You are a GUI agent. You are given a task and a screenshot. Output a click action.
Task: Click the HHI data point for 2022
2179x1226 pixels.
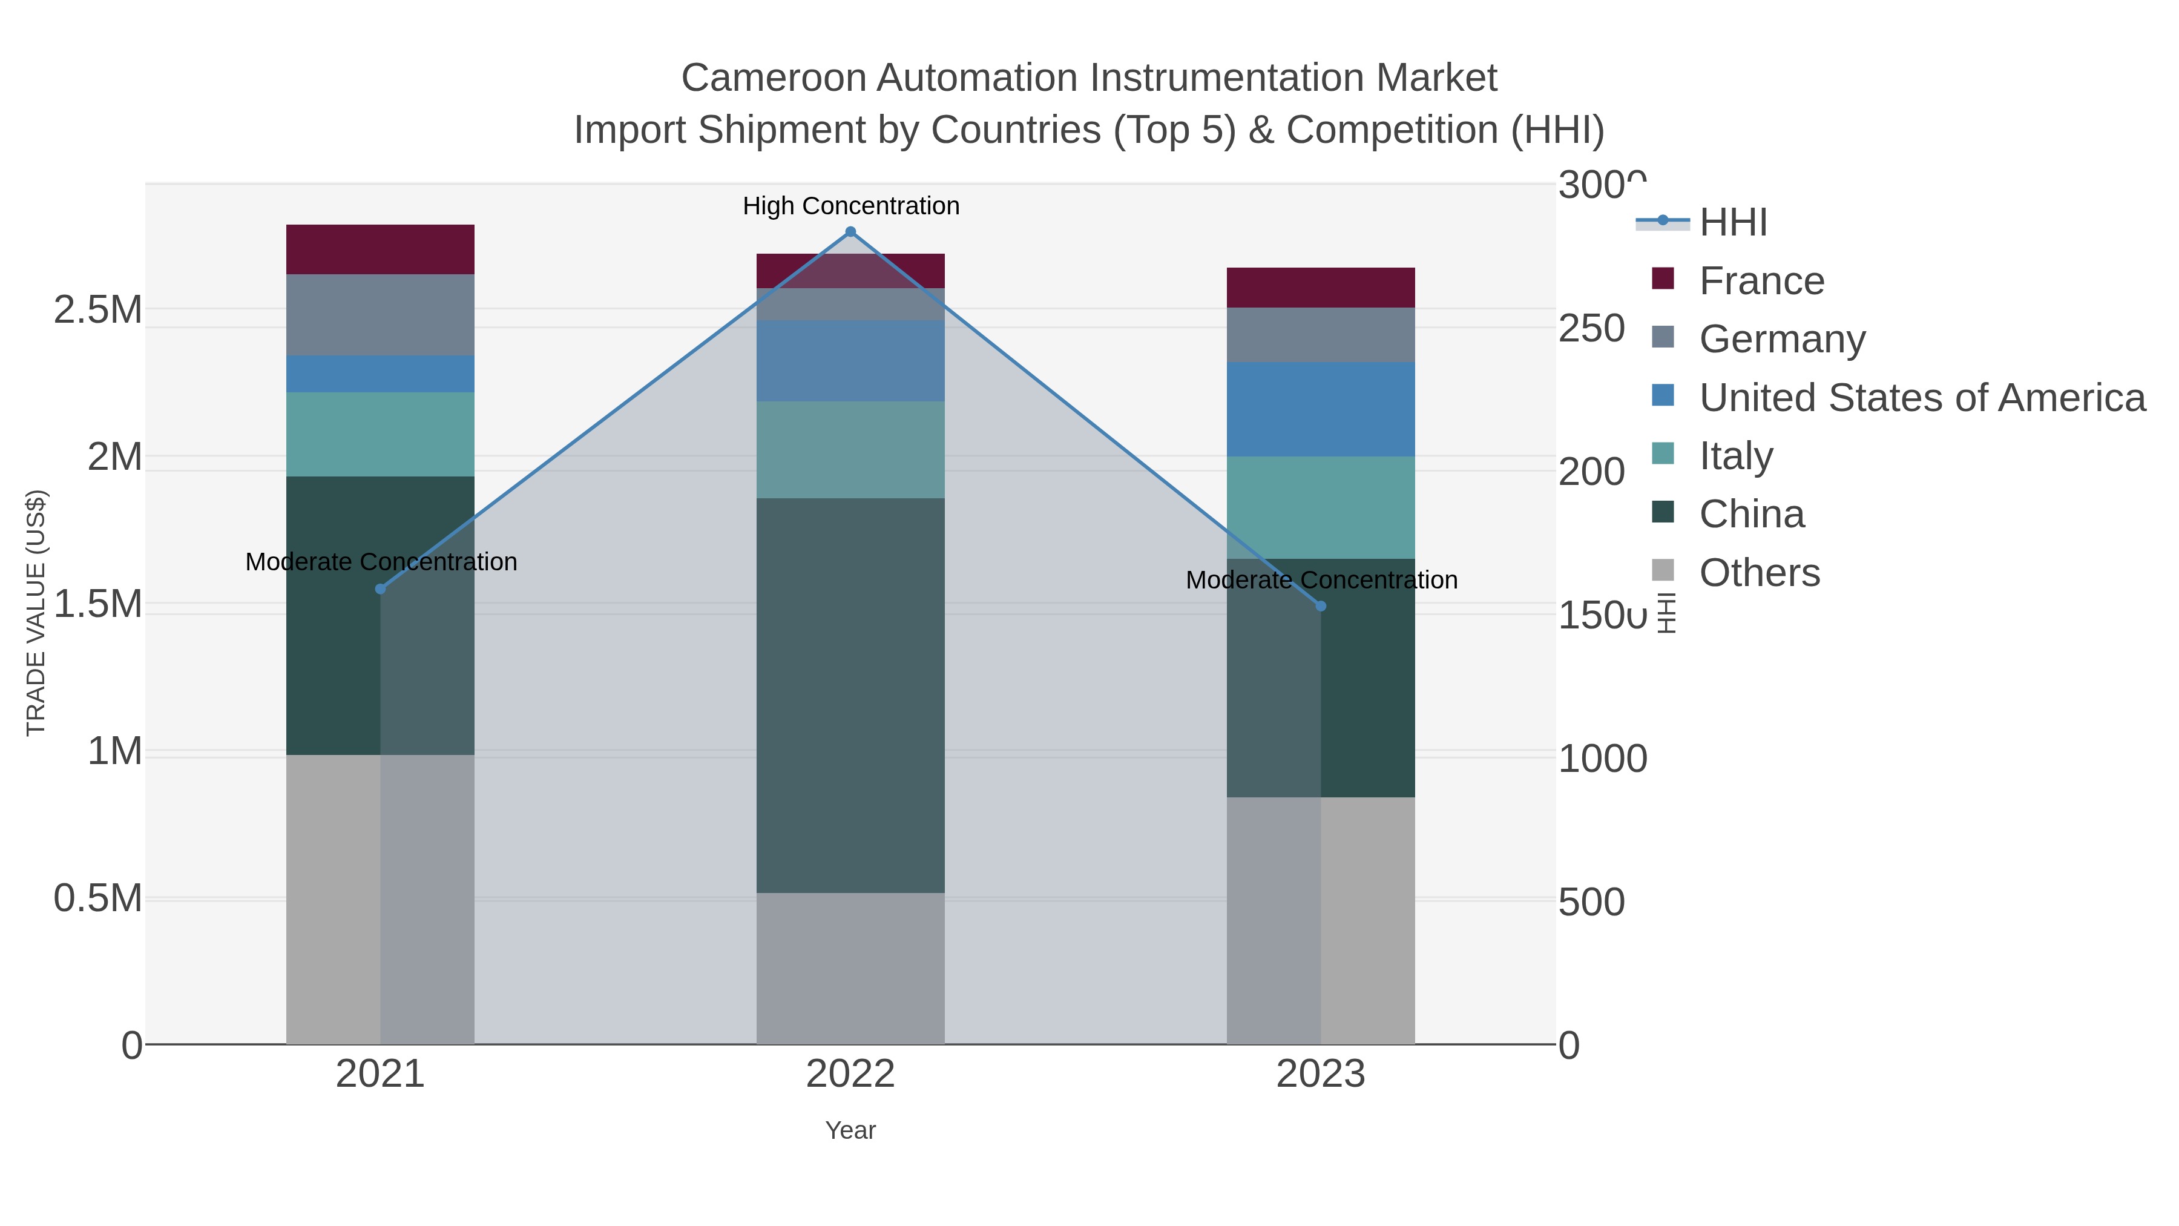pos(850,232)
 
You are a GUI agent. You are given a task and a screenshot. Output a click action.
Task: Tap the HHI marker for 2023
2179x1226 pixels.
pos(1321,606)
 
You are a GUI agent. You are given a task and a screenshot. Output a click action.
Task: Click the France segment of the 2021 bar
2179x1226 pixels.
pos(380,249)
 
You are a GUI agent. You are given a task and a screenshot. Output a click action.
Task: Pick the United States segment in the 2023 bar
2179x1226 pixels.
pos(1321,409)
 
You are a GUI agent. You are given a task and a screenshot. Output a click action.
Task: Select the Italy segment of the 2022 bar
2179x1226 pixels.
pos(850,449)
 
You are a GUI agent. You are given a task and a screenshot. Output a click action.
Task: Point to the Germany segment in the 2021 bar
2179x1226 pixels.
pos(380,315)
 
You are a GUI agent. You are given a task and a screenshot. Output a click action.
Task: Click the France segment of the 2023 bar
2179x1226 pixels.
pos(1321,288)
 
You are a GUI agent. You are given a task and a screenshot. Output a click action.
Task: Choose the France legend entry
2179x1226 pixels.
pos(1761,281)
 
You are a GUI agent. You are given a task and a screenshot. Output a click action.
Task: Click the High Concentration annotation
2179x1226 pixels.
pos(851,206)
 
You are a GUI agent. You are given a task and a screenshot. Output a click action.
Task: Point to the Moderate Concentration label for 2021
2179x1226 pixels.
pos(381,562)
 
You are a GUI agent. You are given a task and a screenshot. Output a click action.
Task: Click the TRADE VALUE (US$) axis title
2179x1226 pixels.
pos(36,613)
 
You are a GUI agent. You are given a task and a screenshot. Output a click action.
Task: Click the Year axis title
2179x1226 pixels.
pos(850,1130)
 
